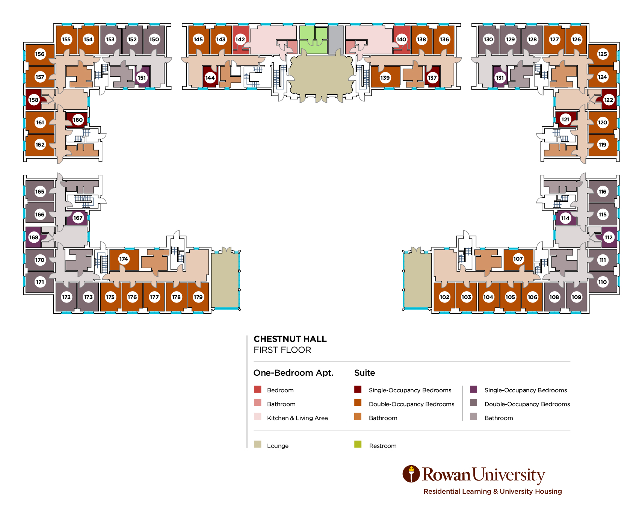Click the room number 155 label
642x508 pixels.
click(x=66, y=39)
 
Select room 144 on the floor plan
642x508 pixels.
click(x=210, y=78)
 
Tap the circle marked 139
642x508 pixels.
click(x=385, y=78)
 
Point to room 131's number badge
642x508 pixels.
click(x=500, y=78)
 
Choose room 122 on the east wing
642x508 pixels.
click(x=609, y=100)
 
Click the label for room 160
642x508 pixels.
click(x=78, y=120)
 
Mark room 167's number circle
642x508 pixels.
click(x=78, y=218)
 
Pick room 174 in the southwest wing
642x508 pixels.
click(x=124, y=259)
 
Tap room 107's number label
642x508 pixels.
click(x=518, y=259)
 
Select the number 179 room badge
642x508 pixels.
click(x=198, y=297)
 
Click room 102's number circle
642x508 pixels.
click(x=444, y=297)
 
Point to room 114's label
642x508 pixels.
click(x=565, y=218)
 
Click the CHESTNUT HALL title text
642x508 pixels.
click(x=290, y=339)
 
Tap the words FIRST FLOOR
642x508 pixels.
click(x=282, y=350)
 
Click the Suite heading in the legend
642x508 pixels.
click(x=364, y=373)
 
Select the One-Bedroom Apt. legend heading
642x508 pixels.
click(x=293, y=373)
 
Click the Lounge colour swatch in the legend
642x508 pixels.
click(x=258, y=444)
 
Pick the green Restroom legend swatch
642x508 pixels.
click(x=358, y=444)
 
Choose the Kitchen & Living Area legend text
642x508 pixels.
click(x=297, y=418)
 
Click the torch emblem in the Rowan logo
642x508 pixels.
click(x=411, y=474)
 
